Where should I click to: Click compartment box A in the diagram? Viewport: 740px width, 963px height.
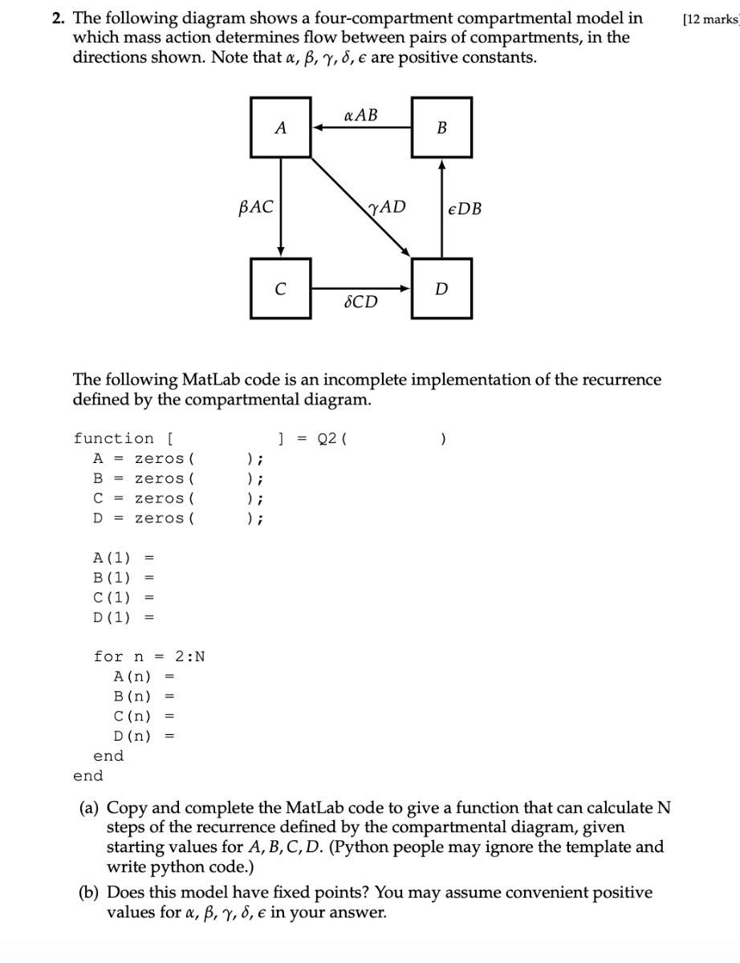(280, 127)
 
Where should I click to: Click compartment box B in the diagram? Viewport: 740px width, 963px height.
(441, 127)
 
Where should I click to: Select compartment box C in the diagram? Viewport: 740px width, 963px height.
(280, 288)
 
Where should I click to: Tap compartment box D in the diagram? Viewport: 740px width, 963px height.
(441, 288)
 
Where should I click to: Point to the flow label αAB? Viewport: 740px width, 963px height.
(360, 115)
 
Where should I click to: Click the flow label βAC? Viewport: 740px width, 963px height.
(256, 207)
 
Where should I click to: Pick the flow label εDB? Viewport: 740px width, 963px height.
(465, 209)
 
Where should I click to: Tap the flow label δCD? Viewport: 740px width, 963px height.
(360, 302)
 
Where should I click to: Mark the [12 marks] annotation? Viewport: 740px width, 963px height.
(710, 19)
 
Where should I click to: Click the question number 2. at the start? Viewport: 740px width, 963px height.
(59, 18)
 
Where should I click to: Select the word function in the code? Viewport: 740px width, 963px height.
(113, 438)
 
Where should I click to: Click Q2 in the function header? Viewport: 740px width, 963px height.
(327, 438)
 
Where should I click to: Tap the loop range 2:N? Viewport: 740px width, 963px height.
(189, 656)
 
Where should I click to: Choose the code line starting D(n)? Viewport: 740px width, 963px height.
(144, 735)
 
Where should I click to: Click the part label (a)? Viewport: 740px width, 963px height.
(89, 807)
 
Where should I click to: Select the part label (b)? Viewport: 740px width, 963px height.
(89, 892)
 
